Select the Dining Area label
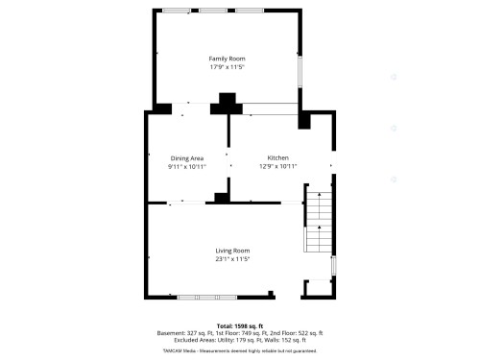pyautogui.click(x=187, y=157)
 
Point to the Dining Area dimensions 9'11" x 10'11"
pyautogui.click(x=187, y=166)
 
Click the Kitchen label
pyautogui.click(x=277, y=157)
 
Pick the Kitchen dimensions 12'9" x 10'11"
pyautogui.click(x=277, y=166)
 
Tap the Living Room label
pyautogui.click(x=232, y=251)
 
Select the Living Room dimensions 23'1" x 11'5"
pyautogui.click(x=232, y=259)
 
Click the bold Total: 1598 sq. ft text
pyautogui.click(x=239, y=326)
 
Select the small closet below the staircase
pyautogui.click(x=316, y=286)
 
